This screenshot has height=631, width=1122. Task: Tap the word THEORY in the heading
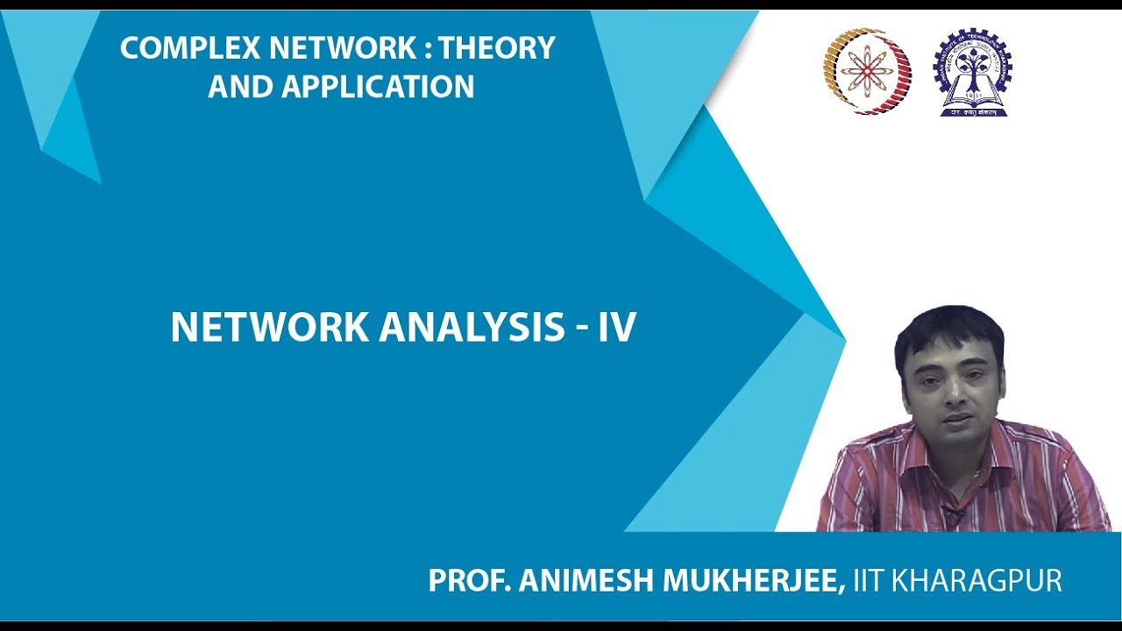(497, 49)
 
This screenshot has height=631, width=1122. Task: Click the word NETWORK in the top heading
(331, 49)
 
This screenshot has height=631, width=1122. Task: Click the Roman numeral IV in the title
(616, 328)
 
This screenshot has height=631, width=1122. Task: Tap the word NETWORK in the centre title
(270, 328)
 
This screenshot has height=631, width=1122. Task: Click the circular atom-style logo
(867, 72)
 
